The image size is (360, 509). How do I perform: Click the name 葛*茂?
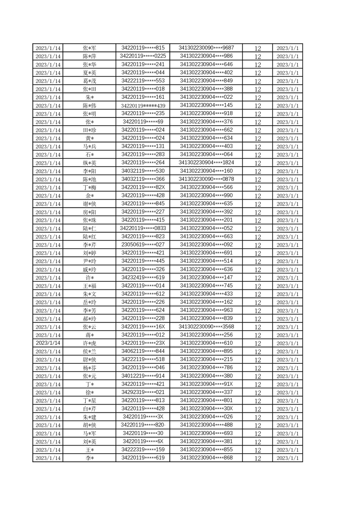[x=89, y=81]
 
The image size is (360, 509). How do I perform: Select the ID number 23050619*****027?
[x=143, y=245]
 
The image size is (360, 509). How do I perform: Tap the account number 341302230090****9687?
[x=207, y=48]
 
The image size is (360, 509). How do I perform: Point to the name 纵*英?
[x=89, y=163]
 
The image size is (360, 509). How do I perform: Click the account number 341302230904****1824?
[x=207, y=163]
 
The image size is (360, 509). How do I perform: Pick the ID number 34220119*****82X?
[x=143, y=187]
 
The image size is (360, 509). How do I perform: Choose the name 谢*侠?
[x=89, y=204]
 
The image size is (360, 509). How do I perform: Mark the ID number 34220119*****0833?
[x=143, y=228]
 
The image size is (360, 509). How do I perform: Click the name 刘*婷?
[x=89, y=253]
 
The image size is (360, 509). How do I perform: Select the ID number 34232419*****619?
[x=143, y=277]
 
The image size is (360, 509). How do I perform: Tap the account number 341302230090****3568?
[x=207, y=327]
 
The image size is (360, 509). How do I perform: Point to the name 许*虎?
[x=89, y=343]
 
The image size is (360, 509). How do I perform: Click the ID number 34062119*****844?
[x=143, y=351]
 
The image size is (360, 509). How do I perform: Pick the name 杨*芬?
[x=89, y=367]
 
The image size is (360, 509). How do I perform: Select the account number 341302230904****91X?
[x=207, y=384]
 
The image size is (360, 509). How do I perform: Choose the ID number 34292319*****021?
[x=143, y=392]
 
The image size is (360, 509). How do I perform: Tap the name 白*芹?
[x=89, y=409]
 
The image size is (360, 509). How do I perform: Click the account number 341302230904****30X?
[x=207, y=409]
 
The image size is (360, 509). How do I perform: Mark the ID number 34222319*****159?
[x=143, y=450]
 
